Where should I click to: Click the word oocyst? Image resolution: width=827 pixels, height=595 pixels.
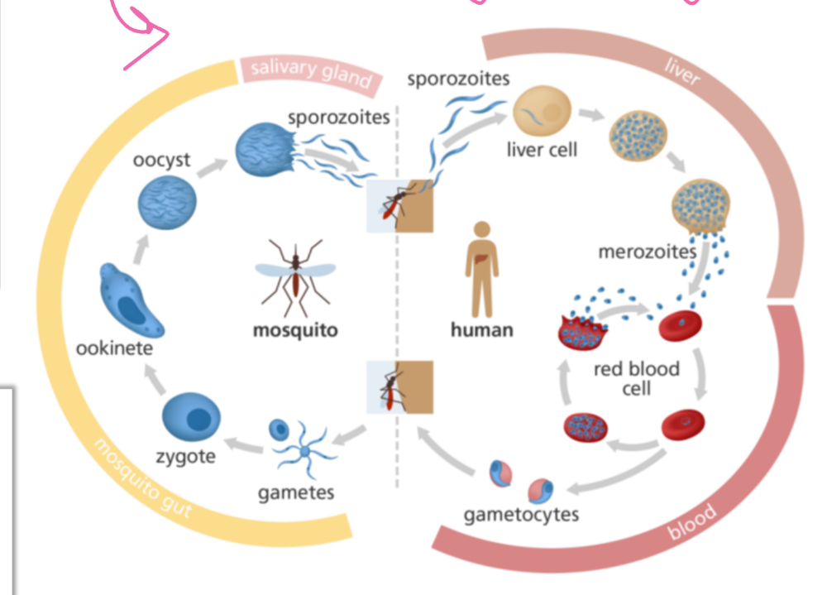[x=161, y=160]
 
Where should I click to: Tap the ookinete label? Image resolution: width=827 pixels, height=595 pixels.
[x=114, y=348]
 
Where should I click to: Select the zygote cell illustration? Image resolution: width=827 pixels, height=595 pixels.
[x=191, y=417]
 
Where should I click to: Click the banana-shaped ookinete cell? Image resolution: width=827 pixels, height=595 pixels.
[x=131, y=301]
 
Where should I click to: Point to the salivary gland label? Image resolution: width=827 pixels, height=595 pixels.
[x=311, y=74]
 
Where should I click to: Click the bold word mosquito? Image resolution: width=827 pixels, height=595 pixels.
[x=295, y=330]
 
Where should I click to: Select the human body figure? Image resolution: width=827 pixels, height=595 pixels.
[x=482, y=269]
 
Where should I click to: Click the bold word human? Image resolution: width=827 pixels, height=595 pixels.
[x=482, y=330]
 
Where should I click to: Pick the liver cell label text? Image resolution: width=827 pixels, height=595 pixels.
[x=542, y=150]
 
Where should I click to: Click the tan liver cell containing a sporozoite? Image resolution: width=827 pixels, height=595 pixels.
[x=543, y=112]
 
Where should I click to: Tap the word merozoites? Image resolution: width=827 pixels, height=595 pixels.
[x=648, y=252]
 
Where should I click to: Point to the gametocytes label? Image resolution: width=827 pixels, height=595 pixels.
[x=521, y=515]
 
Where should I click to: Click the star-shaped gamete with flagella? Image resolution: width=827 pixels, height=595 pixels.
[x=305, y=451]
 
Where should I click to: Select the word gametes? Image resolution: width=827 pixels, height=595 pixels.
[x=296, y=492]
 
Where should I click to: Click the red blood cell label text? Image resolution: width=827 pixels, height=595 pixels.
[x=637, y=378]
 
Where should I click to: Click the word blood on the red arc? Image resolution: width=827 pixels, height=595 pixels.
[x=692, y=521]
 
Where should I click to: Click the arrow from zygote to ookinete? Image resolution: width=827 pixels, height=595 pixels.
[x=155, y=380]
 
